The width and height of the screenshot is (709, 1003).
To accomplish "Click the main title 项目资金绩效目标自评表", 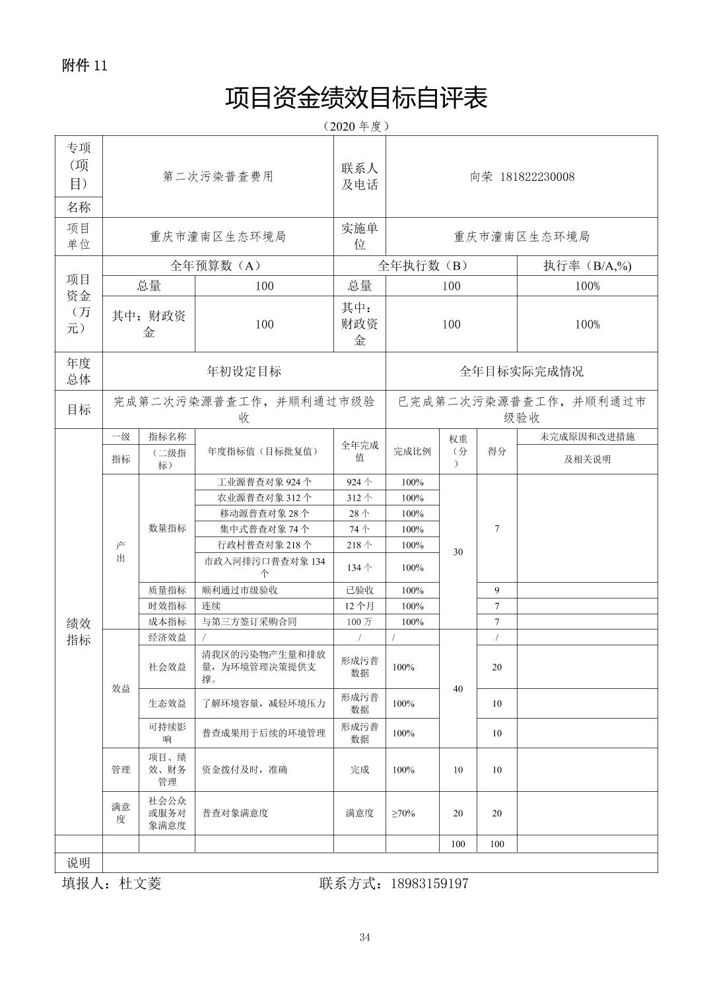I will [x=356, y=98].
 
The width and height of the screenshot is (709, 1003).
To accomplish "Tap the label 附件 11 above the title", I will [x=84, y=65].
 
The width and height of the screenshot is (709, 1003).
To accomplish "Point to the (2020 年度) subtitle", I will [x=355, y=125].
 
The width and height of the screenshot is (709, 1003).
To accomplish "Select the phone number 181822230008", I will [x=537, y=177].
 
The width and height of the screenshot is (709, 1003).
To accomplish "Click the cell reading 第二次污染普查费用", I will [x=218, y=177].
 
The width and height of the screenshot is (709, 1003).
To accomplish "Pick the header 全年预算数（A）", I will [x=216, y=266].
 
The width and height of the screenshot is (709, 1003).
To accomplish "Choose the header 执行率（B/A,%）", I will [x=587, y=266].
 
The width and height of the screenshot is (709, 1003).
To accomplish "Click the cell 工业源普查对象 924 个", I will [x=264, y=482].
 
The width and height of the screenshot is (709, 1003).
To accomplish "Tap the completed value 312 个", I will [x=359, y=498].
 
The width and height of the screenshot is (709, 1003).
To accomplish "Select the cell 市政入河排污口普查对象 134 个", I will [x=264, y=567].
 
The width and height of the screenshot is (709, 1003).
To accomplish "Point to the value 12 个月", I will [x=359, y=606].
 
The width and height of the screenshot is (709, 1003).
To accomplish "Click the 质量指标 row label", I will [x=167, y=591].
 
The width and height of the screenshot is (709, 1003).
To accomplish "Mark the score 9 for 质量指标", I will [x=496, y=591].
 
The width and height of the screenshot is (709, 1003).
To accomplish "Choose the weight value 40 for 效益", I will [x=457, y=689].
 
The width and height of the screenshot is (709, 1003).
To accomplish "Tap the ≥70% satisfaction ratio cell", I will [x=403, y=814].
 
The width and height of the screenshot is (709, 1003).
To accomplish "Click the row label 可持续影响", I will [x=167, y=733].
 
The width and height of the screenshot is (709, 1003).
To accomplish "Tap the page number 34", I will [x=365, y=937].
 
